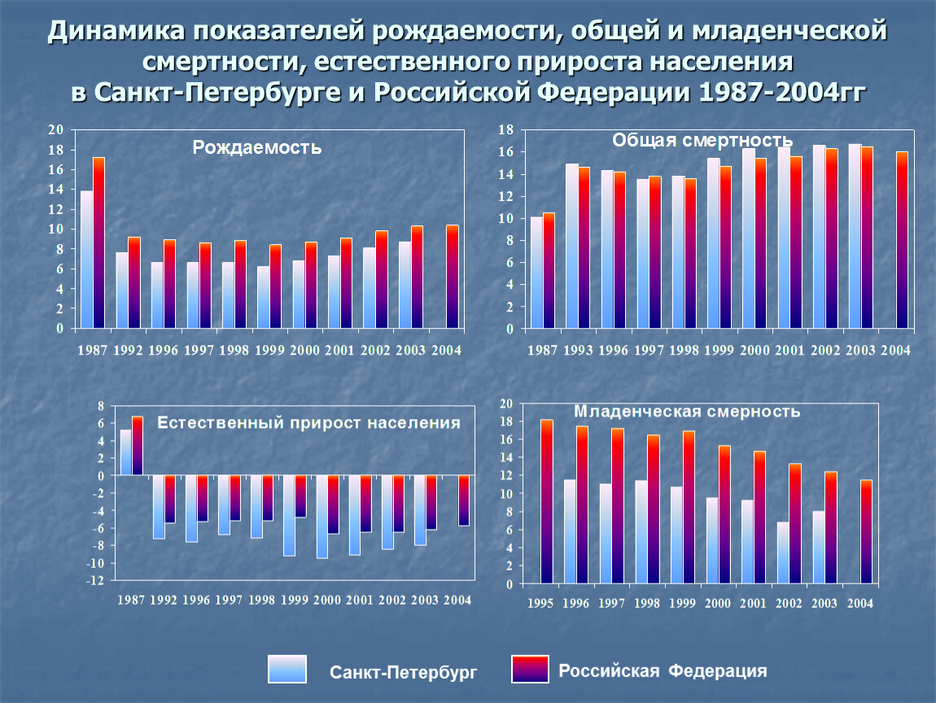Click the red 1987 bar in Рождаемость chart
98,243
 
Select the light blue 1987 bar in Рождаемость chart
86,260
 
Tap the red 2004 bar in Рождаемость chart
453,277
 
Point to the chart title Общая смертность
702,140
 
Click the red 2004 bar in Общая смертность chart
902,241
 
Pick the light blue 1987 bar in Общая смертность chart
536,273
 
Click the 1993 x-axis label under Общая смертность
578,351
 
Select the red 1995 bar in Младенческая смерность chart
547,502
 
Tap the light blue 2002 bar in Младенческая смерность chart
783,553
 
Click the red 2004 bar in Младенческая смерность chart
866,532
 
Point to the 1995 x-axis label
540,604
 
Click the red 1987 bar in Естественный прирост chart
138,446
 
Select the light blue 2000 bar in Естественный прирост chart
322,517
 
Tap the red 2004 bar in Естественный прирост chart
464,500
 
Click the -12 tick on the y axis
95,580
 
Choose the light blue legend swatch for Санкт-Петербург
287,669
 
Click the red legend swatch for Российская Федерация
530,669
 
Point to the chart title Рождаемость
256,147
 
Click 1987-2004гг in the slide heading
782,93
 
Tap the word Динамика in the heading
116,30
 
